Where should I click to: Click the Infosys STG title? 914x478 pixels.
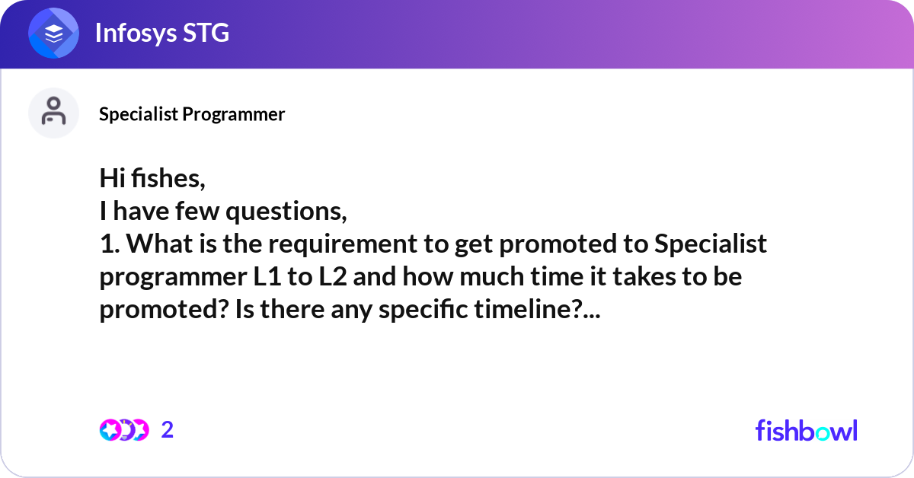[162, 33]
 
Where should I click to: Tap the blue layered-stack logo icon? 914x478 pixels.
[53, 33]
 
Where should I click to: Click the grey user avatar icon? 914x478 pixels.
[53, 113]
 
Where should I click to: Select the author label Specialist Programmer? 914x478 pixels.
[192, 114]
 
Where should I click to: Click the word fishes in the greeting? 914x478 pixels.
[168, 178]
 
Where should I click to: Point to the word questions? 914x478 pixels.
[286, 212]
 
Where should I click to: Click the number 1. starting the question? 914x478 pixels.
[110, 244]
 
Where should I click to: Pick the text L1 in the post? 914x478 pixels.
[267, 276]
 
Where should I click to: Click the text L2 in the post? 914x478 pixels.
[333, 276]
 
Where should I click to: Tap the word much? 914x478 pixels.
[492, 276]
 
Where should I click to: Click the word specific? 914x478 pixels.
[423, 310]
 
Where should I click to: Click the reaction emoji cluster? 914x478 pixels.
[124, 430]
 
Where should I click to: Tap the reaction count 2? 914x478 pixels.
[168, 430]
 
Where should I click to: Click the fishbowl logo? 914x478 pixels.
[807, 430]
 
